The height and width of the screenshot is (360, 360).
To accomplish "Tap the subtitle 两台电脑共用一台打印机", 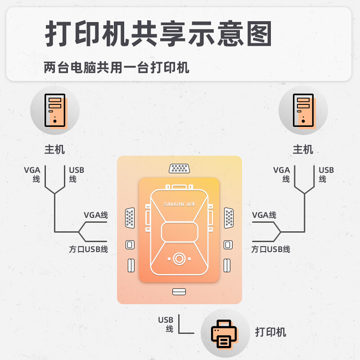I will coord(117,68).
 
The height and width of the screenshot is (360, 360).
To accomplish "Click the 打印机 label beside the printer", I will coord(270,333).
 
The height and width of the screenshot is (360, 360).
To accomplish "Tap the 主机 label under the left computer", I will coord(54,149).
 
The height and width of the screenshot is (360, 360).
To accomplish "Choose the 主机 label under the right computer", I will coord(303,149).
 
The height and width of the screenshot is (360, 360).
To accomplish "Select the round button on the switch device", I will coord(179,259).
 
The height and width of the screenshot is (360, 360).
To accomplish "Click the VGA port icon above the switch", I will coord(179,169).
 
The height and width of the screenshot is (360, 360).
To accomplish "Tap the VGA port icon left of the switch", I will coord(130,218).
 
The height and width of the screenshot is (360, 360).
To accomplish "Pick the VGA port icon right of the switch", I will coord(229,218).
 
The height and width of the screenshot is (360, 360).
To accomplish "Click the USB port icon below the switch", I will coord(179,292).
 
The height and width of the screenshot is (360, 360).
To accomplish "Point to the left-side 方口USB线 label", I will coord(88,249).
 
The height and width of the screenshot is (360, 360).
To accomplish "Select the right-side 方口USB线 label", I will coord(270,249).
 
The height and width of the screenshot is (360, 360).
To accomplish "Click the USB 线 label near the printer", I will coord(166,324).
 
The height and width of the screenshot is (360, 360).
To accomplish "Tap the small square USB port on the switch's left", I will coord(130,245).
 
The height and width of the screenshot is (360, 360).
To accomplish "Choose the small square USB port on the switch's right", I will coord(228,245).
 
